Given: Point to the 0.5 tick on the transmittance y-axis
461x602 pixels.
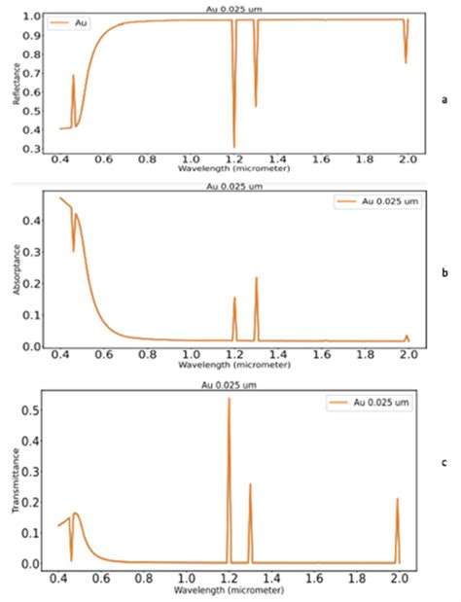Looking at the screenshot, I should coord(40,411).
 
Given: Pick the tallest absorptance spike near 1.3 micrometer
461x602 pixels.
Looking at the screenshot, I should coord(257,279).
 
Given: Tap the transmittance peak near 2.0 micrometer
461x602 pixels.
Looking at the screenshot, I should coord(398,500).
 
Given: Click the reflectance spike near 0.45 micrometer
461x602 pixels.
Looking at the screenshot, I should coord(73,76).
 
